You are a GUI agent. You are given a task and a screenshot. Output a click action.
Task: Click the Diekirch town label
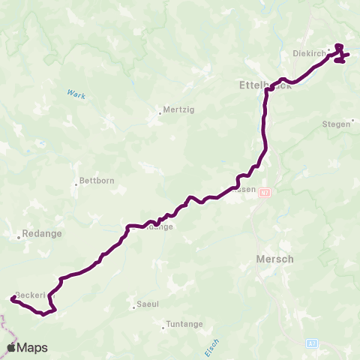307,54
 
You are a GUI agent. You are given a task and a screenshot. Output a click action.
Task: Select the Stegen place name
335,124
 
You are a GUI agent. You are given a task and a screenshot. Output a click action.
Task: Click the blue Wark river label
77,95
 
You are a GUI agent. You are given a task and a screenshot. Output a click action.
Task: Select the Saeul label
147,304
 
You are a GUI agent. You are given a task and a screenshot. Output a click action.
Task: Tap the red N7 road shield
263,193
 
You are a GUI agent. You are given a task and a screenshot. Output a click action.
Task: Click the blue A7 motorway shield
313,343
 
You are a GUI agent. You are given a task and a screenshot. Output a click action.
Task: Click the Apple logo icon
12,347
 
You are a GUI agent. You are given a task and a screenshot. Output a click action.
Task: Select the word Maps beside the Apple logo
33,347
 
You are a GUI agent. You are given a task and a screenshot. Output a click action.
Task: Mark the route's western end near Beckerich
13,298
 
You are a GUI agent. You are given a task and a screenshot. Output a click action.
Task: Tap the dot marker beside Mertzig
160,115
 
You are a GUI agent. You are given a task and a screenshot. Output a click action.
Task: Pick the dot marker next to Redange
19,238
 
